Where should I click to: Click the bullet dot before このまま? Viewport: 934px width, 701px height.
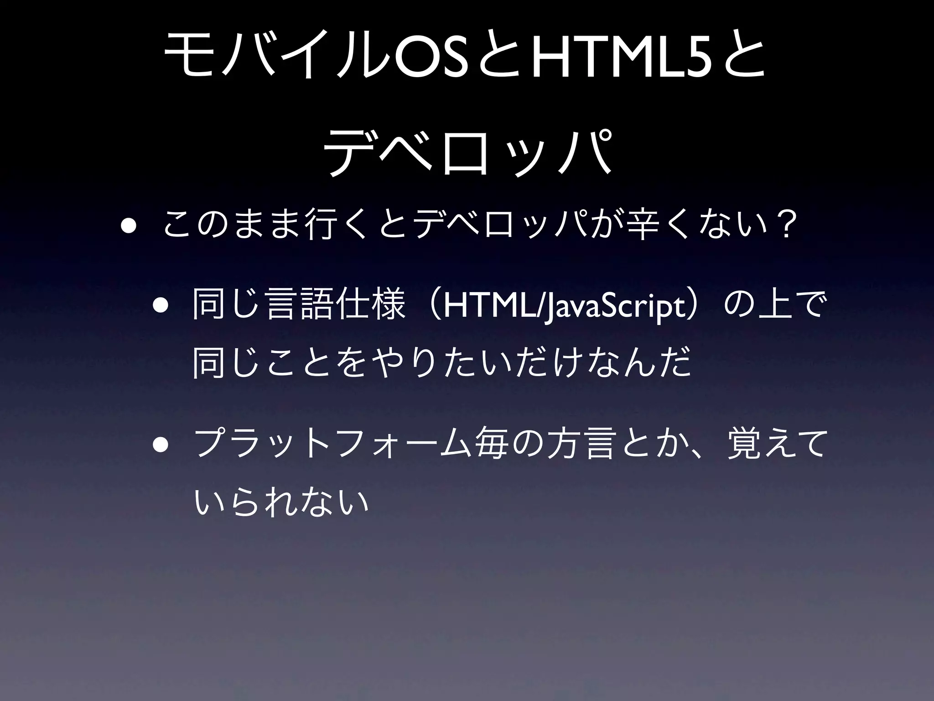click(128, 227)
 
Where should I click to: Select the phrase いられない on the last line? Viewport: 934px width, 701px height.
click(281, 501)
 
